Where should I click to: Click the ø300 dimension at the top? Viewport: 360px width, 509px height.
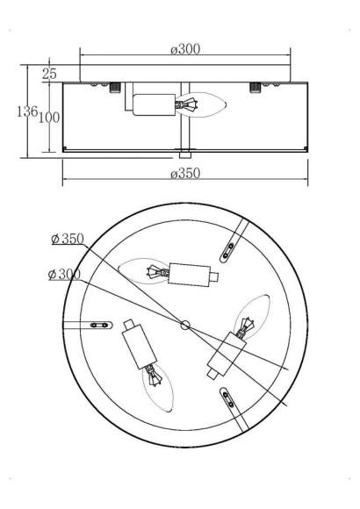coord(185,49)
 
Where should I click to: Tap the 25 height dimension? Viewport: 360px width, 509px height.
coord(49,74)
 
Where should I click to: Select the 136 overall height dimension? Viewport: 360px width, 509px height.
coord(27,111)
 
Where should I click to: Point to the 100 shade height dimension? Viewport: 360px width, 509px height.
coord(49,118)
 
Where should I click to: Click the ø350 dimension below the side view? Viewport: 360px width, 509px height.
coord(185,174)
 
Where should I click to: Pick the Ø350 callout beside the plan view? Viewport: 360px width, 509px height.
coord(68,239)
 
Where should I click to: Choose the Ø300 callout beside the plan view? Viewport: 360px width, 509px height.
coord(64,275)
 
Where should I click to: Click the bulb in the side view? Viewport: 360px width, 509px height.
coord(201,104)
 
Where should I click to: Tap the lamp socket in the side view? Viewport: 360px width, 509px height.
coord(155,104)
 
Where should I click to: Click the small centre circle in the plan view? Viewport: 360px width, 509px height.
coord(185,325)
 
